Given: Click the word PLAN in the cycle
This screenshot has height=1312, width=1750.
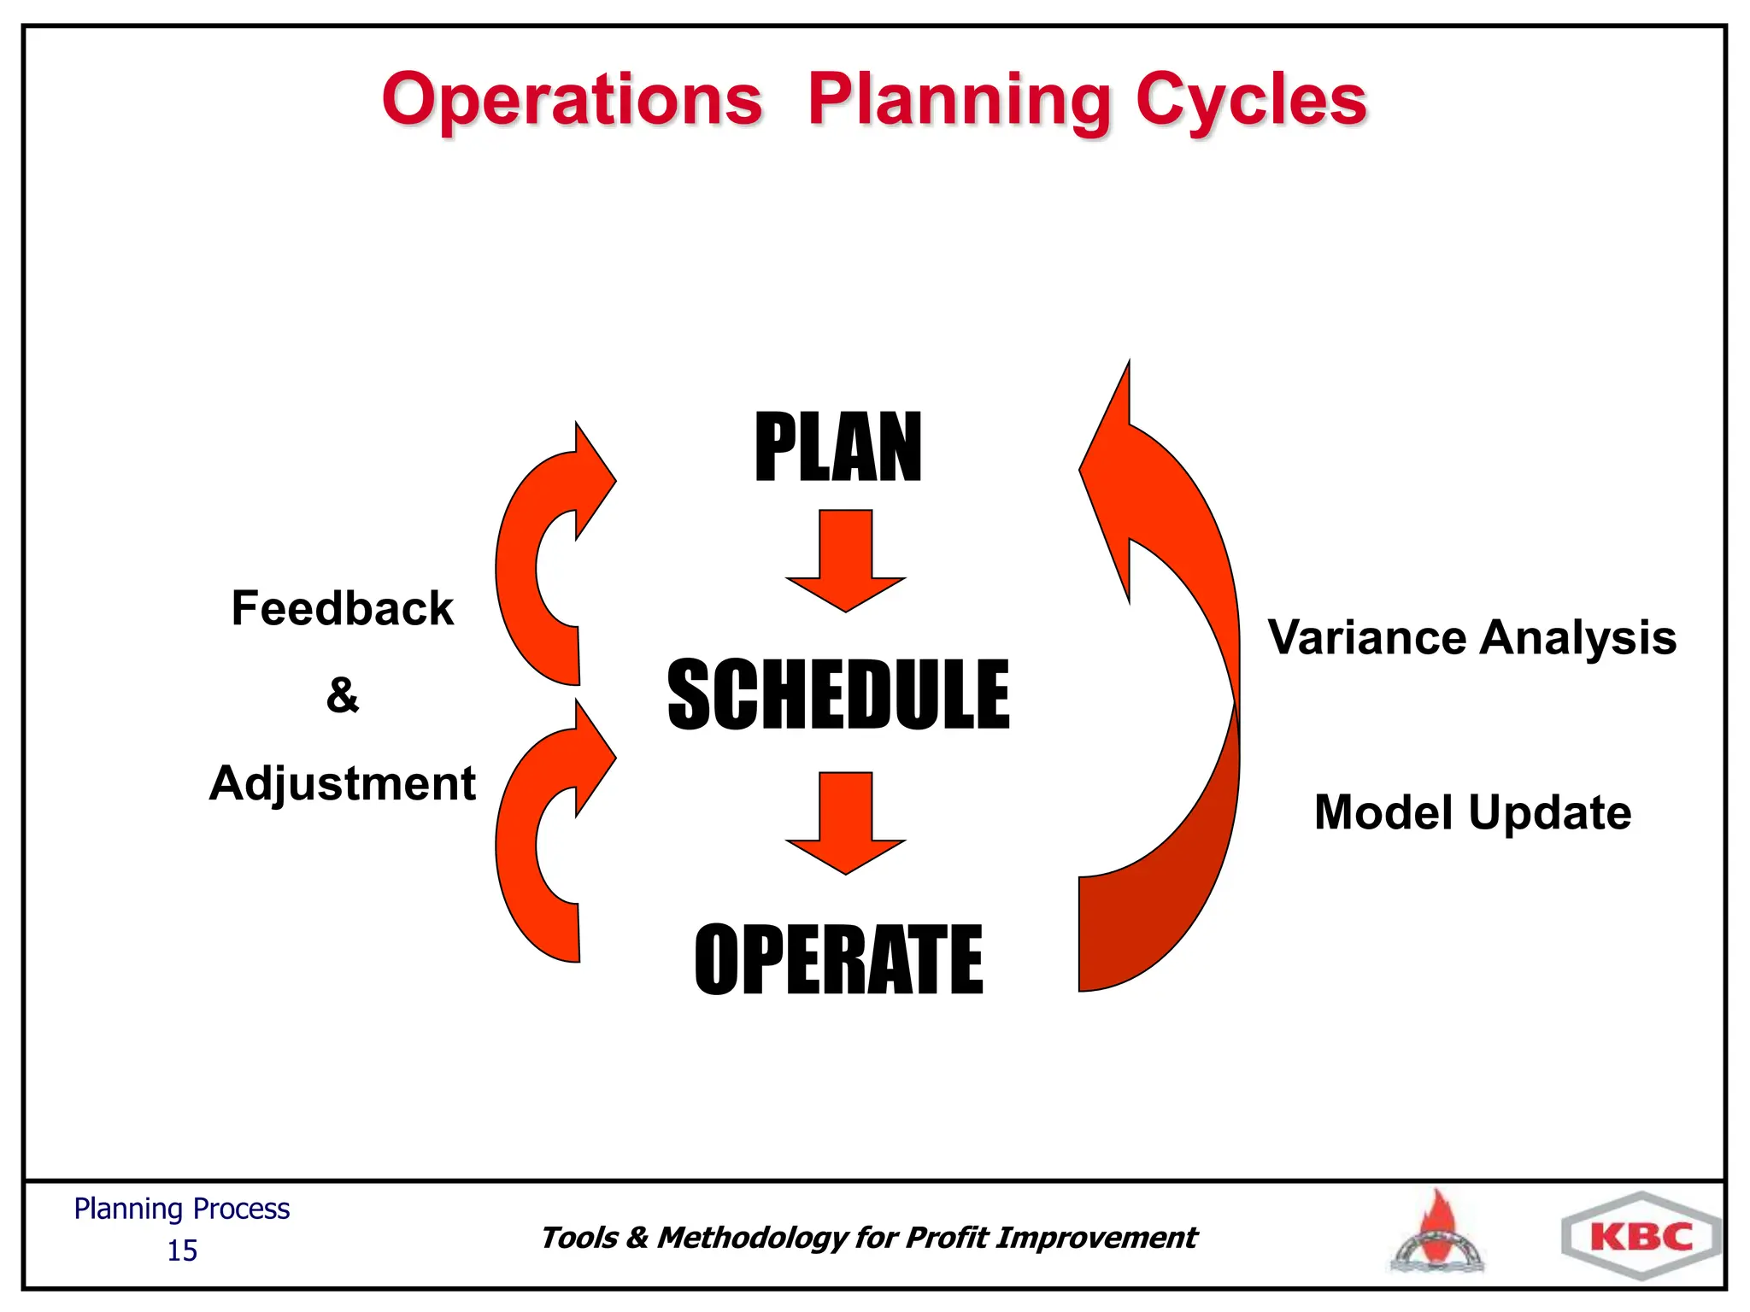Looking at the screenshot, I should [837, 448].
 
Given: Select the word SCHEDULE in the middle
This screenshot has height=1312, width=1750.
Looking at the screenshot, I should [837, 694].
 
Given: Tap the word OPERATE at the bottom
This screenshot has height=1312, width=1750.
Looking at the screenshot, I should [837, 960].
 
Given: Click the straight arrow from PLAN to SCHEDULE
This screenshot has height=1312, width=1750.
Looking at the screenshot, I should [845, 559].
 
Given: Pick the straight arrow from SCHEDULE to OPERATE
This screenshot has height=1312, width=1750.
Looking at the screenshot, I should [845, 822].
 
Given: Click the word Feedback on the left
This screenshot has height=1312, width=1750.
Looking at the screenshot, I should [342, 608].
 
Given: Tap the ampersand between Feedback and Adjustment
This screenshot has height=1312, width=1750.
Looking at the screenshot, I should [342, 694].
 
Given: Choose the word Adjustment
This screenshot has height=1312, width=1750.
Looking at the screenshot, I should [342, 782].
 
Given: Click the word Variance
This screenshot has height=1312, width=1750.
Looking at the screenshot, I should [1367, 637].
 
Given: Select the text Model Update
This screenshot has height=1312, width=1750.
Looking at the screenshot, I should [1471, 811].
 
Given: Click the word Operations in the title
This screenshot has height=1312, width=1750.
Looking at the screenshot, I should [572, 100].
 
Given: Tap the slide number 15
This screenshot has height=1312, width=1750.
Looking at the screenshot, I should [182, 1250].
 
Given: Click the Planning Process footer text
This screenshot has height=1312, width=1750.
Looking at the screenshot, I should [182, 1209].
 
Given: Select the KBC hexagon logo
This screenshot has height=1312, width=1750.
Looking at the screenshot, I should [1641, 1236].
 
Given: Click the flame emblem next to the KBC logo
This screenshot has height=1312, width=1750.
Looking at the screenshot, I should [1438, 1233].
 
